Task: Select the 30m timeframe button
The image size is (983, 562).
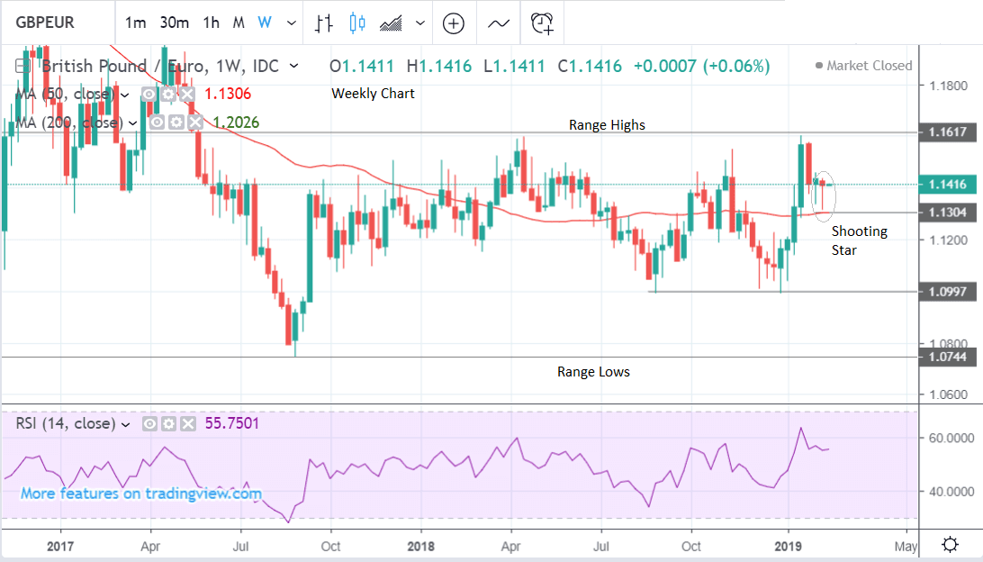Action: tap(175, 23)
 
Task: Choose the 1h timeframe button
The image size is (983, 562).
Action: tap(211, 23)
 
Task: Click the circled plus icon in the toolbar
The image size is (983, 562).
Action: tap(454, 23)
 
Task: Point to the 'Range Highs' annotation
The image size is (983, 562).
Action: tap(607, 125)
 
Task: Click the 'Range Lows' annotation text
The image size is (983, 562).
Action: tap(593, 371)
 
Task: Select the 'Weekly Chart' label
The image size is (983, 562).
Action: tap(373, 94)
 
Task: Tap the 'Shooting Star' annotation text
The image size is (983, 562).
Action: tap(859, 240)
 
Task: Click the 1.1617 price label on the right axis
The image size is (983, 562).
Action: tap(947, 132)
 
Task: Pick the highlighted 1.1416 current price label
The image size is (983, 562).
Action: tap(947, 185)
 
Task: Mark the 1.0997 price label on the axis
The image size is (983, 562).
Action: tap(947, 292)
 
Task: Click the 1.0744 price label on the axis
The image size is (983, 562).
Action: tap(947, 358)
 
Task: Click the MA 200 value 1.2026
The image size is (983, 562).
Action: tap(236, 122)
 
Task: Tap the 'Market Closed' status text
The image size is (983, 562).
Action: tap(869, 66)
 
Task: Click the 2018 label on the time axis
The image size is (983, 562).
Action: tap(419, 546)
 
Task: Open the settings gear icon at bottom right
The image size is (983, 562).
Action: tap(949, 545)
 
